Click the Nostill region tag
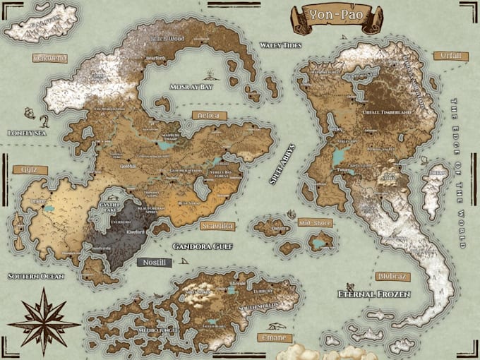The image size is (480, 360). [x=153, y=262]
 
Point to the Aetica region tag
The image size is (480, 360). [x=209, y=115]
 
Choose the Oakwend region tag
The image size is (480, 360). [x=50, y=58]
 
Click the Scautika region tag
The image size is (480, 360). [x=215, y=227]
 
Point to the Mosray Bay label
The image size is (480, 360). [x=190, y=86]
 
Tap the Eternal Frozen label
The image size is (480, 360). [x=373, y=293]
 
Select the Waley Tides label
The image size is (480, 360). [x=280, y=45]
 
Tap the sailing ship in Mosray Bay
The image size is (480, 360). [x=210, y=73]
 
